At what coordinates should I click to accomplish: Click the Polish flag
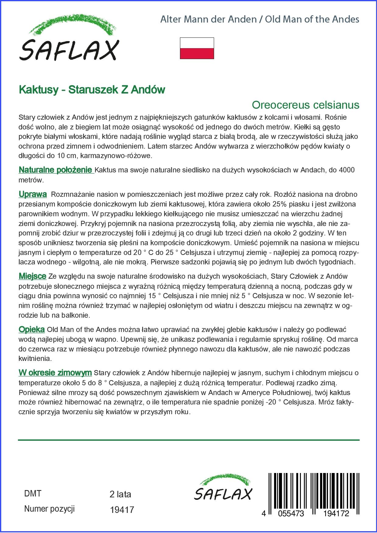(x=197, y=48)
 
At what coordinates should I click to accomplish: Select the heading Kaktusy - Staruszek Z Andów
(x=92, y=90)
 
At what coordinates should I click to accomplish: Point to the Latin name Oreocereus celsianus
(x=305, y=105)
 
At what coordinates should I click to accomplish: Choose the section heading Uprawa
(x=33, y=194)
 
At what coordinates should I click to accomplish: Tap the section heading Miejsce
(x=32, y=276)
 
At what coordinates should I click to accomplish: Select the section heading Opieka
(x=32, y=330)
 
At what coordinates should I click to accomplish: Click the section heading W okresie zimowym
(x=55, y=372)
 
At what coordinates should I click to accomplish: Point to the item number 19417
(x=122, y=510)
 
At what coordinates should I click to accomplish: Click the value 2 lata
(x=120, y=494)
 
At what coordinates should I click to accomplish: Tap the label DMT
(x=33, y=493)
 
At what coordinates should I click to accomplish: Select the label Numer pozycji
(x=49, y=509)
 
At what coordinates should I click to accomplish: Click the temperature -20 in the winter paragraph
(x=272, y=402)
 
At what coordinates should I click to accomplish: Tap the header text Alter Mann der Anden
(x=208, y=19)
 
